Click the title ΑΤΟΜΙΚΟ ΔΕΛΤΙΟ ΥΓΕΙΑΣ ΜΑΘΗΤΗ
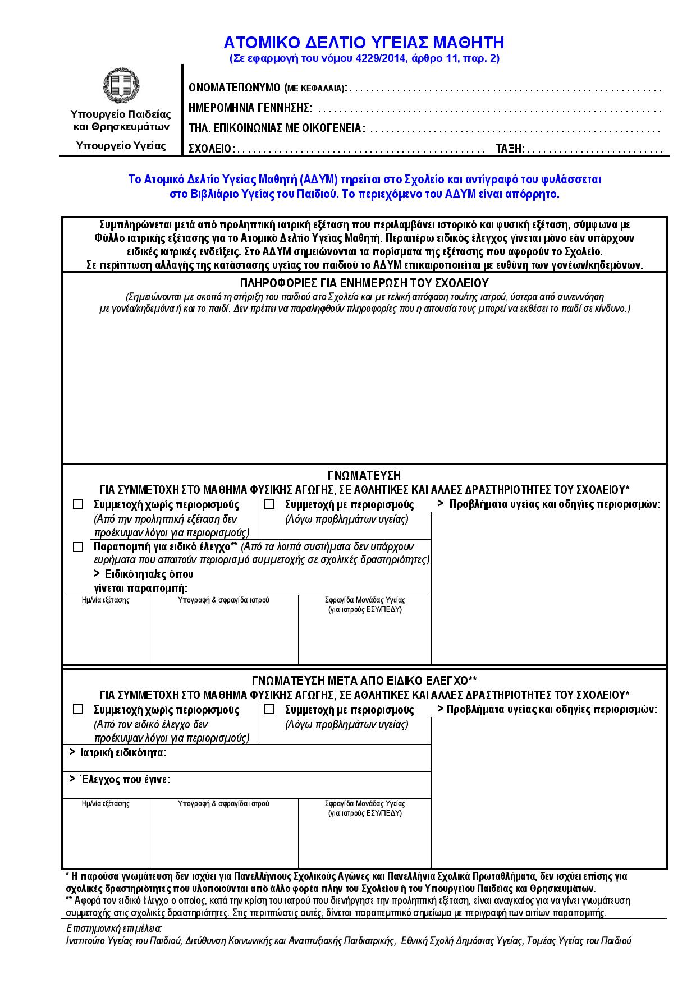coord(364,43)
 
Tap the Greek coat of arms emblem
coord(121,86)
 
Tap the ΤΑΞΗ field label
coord(510,149)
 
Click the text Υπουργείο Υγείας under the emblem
coord(121,146)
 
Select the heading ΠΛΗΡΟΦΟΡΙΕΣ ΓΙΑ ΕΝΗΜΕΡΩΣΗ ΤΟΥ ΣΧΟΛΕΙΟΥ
coord(364,283)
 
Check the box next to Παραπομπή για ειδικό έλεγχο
coord(78,547)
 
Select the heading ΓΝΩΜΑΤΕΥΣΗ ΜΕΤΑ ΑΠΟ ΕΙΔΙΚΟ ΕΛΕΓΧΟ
coord(364,680)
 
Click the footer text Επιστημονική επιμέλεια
coord(114,928)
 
